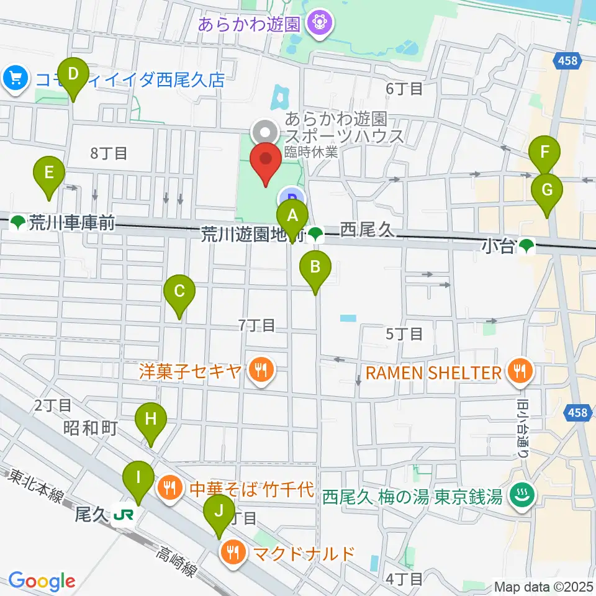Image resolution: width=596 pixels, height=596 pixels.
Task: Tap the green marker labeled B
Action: pos(315,267)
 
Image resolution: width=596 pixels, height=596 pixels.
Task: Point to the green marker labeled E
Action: pos(50,171)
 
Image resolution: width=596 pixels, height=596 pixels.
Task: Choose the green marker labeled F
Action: pos(545,151)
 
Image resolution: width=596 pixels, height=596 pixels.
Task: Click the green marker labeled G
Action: pos(547,190)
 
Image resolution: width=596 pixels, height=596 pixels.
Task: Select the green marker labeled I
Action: pos(137,477)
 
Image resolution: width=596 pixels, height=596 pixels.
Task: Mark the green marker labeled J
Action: pos(219,510)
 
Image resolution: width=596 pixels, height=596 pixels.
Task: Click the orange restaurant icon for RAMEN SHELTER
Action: pos(520,372)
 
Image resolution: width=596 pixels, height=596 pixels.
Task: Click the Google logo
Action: pos(42,581)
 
